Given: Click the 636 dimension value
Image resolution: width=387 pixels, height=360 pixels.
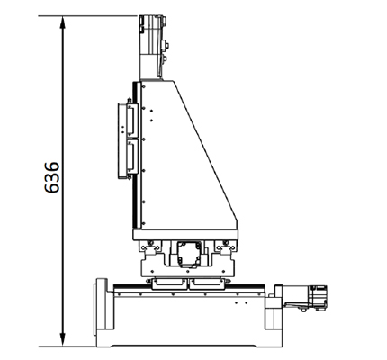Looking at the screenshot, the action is [52, 177].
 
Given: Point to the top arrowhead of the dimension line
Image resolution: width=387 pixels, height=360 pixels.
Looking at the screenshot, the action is [63, 22].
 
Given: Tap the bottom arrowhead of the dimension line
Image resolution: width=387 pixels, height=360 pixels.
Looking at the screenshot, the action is [63, 339].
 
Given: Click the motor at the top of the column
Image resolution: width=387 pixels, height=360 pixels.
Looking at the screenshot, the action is [153, 48].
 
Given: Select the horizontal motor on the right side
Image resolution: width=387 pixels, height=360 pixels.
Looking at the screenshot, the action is [305, 298].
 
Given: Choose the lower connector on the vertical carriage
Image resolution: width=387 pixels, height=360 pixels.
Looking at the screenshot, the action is [132, 157].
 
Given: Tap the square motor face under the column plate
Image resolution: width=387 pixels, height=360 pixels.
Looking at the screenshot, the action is [189, 254].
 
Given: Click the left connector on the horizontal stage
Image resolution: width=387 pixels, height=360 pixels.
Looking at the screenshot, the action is [169, 283].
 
